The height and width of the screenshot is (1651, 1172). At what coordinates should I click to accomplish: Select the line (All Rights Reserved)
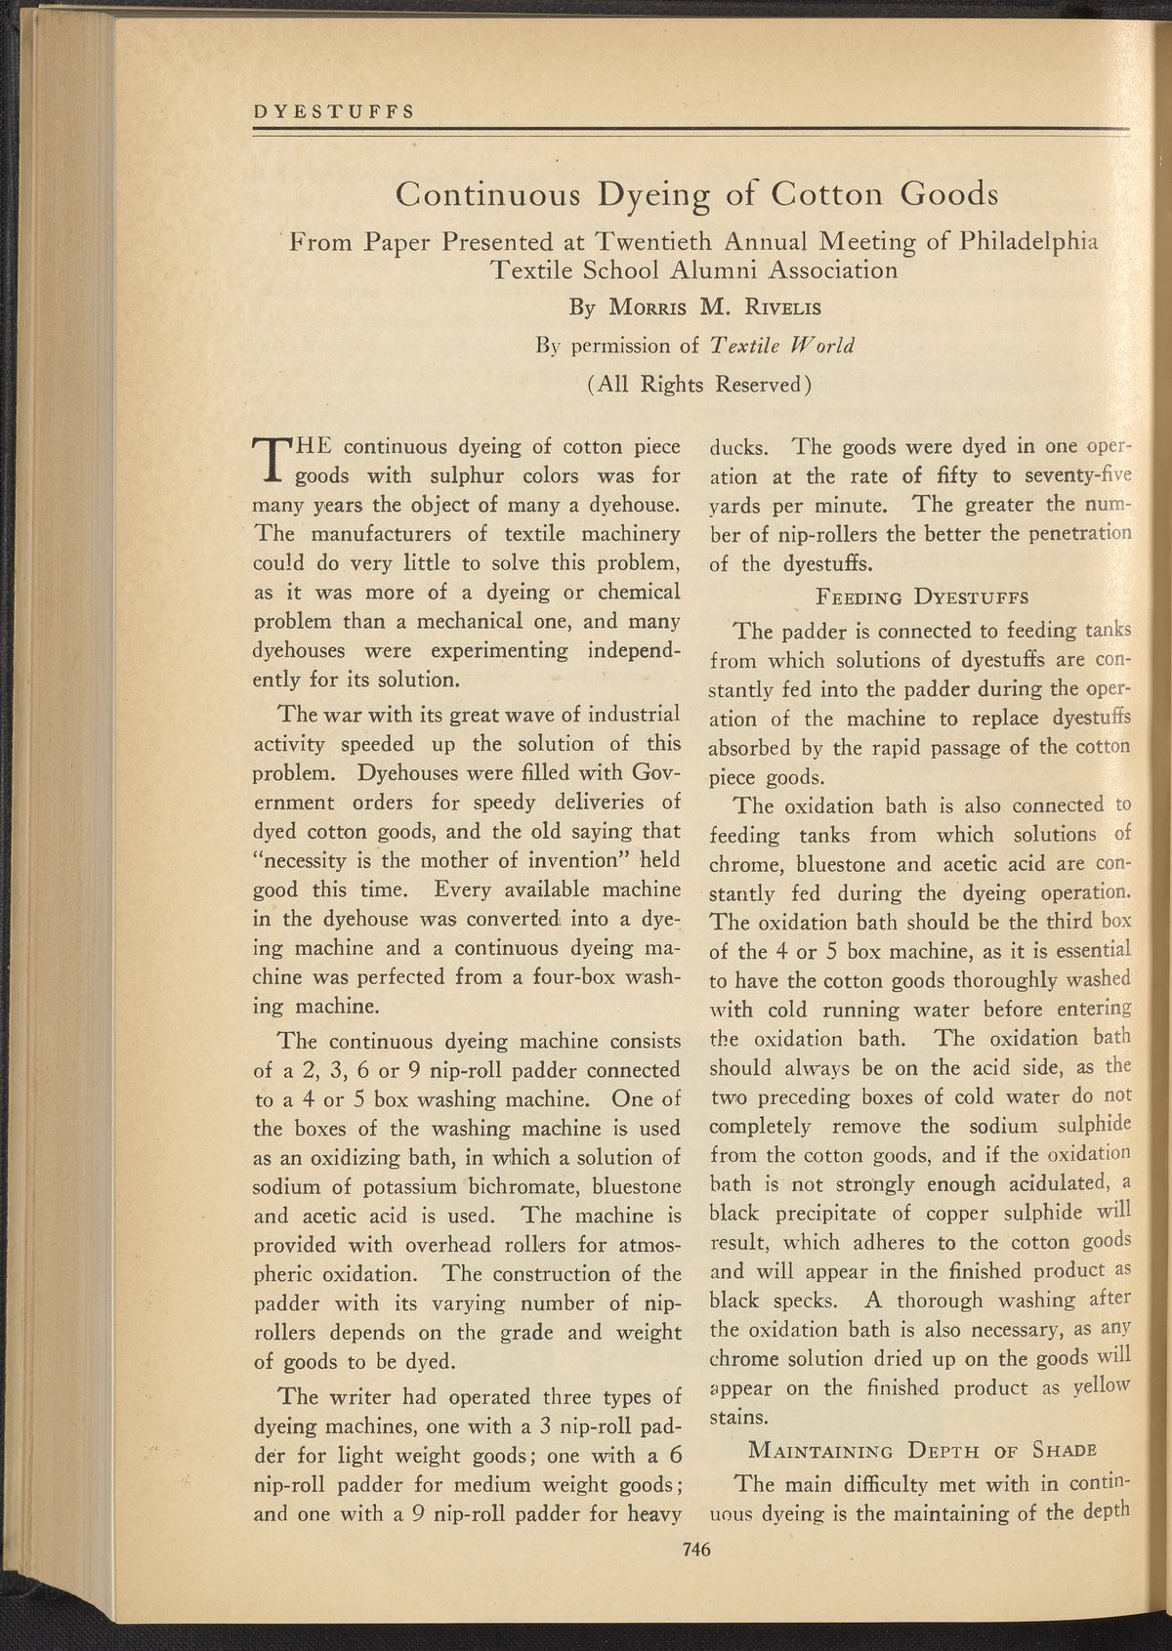(x=700, y=383)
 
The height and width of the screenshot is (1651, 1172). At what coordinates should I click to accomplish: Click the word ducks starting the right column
(x=740, y=449)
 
